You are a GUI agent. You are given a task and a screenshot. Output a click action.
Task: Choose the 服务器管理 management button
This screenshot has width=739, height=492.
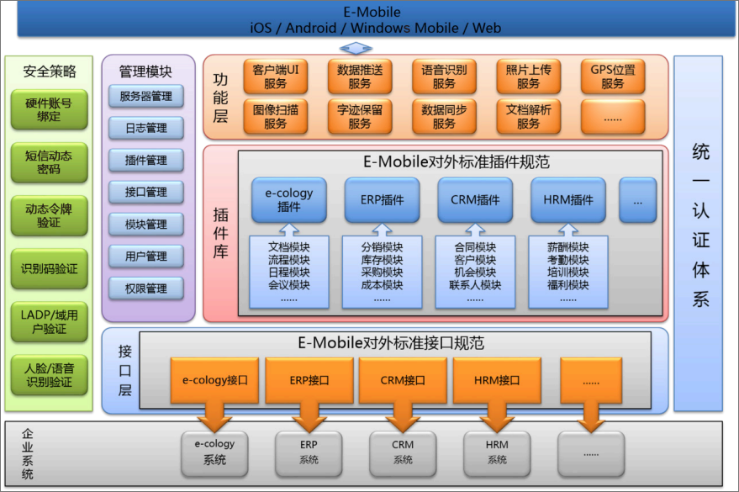(146, 96)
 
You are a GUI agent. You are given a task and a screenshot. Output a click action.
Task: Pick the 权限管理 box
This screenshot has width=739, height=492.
(146, 288)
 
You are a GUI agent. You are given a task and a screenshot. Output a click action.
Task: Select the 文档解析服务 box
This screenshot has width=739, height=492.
(529, 116)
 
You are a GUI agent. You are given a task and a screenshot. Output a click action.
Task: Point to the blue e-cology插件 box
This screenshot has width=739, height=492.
(289, 199)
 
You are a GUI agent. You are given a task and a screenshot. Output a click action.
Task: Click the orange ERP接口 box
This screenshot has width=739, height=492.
(309, 380)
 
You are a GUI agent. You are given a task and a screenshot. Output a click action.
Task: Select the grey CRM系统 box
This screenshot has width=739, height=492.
(403, 452)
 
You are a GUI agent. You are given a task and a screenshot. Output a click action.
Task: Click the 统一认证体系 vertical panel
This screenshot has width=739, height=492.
(699, 234)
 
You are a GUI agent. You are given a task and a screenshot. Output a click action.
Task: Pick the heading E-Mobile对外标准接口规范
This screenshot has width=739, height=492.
(391, 343)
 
